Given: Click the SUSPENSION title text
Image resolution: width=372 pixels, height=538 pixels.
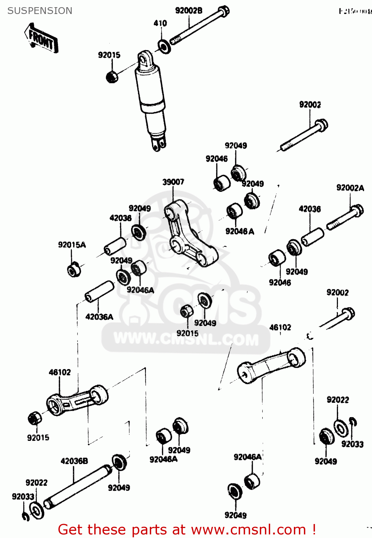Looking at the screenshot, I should click(40, 11).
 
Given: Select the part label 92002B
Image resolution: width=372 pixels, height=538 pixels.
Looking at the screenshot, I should click(189, 11).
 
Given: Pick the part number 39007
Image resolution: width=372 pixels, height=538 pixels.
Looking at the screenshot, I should click(173, 182).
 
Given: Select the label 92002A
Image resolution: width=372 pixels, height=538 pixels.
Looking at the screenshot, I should click(350, 188).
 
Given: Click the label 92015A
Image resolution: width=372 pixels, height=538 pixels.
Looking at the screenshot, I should click(72, 245).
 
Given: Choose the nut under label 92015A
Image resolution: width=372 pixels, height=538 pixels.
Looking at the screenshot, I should click(74, 269).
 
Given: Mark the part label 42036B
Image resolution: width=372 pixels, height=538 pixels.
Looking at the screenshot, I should click(74, 461).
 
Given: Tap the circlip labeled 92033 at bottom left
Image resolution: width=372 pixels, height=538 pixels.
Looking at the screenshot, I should click(25, 516).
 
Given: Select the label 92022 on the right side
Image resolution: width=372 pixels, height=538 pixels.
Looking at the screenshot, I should click(338, 400).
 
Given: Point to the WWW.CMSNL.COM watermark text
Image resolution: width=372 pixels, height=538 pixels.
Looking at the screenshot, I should click(186, 339).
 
